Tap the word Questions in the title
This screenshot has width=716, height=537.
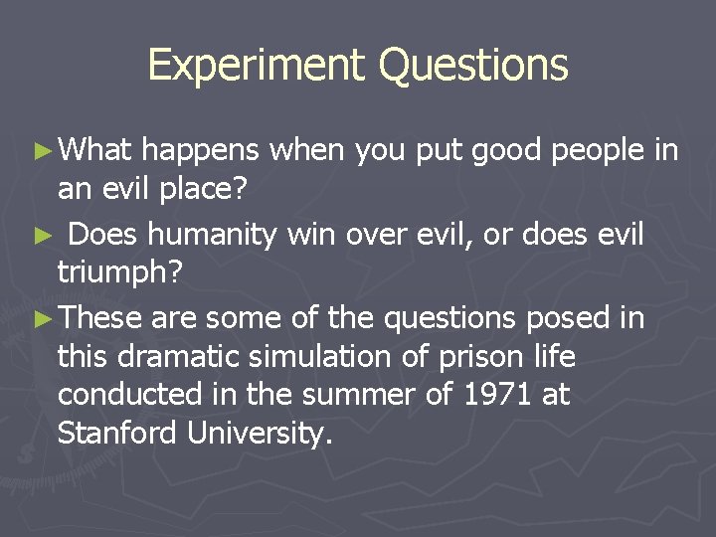(x=473, y=66)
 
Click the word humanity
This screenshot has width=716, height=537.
(x=222, y=236)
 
